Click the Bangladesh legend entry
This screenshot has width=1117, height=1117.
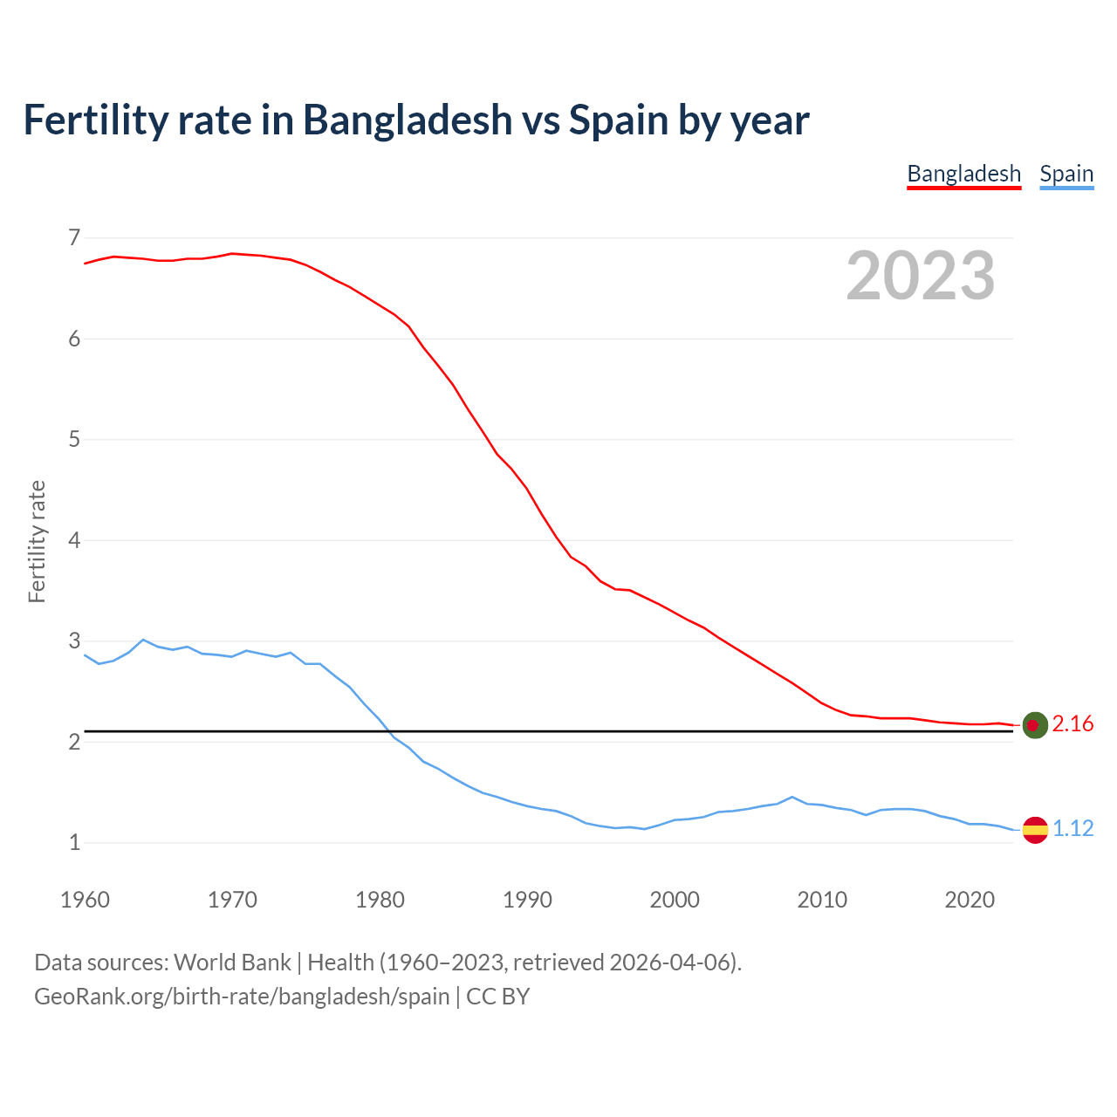point(963,174)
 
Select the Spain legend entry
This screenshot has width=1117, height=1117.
point(1066,174)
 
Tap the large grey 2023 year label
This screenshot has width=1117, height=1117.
point(921,276)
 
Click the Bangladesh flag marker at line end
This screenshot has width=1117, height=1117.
point(1034,725)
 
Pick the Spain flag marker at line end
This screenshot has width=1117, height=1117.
point(1034,829)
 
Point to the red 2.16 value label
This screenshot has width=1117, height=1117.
point(1072,724)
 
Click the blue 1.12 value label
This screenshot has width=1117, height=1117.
point(1072,828)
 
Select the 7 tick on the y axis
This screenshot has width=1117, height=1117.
point(74,237)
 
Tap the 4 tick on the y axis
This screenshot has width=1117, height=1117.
point(74,540)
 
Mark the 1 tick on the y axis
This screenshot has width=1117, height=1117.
point(74,843)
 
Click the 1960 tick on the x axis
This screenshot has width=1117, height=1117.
point(85,900)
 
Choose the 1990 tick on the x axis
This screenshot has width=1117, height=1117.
point(527,900)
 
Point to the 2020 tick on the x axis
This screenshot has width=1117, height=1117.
point(970,900)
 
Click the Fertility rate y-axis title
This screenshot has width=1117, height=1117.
point(37,541)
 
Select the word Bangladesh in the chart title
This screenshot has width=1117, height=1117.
point(408,120)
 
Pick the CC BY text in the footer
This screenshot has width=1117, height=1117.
point(497,997)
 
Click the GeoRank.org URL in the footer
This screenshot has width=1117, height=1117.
point(242,997)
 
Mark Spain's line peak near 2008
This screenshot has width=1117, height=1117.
point(791,797)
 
